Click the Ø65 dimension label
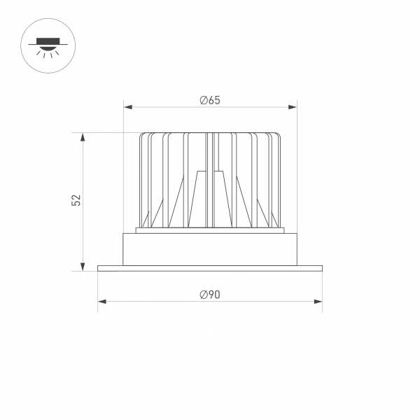click(x=210, y=100)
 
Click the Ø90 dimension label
click(x=210, y=295)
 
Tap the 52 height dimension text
click(x=77, y=200)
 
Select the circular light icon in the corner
click(x=48, y=47)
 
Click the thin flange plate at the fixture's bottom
click(x=210, y=268)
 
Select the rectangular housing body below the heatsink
click(x=210, y=249)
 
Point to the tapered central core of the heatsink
click(x=210, y=199)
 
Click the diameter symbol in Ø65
click(x=202, y=100)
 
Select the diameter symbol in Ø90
click(x=202, y=295)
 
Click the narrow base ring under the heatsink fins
click(x=210, y=230)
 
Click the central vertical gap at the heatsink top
click(x=210, y=150)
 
